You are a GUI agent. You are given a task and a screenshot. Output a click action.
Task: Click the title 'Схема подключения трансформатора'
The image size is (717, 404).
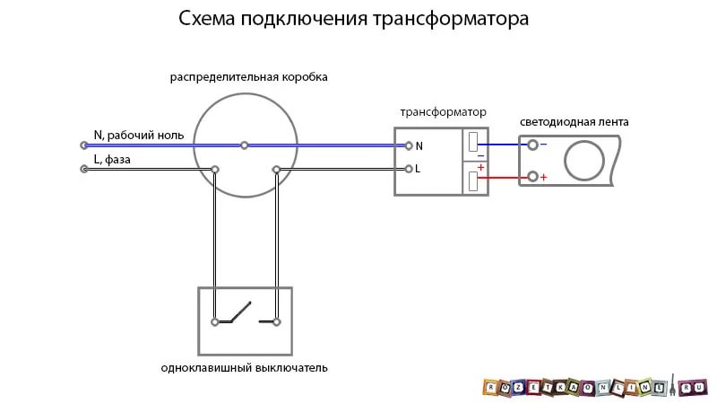[x=353, y=19]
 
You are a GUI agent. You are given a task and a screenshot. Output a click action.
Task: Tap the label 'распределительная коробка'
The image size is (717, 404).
[x=249, y=77]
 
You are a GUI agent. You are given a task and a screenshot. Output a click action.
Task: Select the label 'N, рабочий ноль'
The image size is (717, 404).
[x=139, y=136]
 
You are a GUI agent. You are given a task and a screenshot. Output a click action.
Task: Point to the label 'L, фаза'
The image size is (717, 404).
[x=113, y=159]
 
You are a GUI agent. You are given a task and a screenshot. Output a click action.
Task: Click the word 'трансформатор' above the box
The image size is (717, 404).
[x=443, y=112]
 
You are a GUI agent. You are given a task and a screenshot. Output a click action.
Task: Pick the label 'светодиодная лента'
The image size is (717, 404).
[x=574, y=121]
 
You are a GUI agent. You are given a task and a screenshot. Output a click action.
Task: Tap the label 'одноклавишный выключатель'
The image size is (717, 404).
[x=245, y=368]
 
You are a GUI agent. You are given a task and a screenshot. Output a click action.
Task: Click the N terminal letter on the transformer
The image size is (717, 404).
[x=419, y=145]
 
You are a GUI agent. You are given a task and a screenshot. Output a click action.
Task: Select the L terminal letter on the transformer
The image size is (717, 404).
[x=419, y=169]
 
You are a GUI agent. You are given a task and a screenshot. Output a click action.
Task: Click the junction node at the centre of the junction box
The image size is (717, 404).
[x=244, y=145]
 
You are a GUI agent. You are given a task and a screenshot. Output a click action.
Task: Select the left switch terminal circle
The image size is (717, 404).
[x=215, y=321]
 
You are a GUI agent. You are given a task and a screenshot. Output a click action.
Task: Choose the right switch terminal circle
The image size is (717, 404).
[x=277, y=321]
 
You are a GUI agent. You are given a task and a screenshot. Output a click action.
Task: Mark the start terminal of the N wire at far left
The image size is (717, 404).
[x=84, y=145]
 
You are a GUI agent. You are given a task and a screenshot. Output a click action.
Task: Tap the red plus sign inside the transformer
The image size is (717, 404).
[x=480, y=168]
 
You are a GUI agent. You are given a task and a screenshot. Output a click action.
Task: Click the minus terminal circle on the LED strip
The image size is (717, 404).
[x=533, y=145]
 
